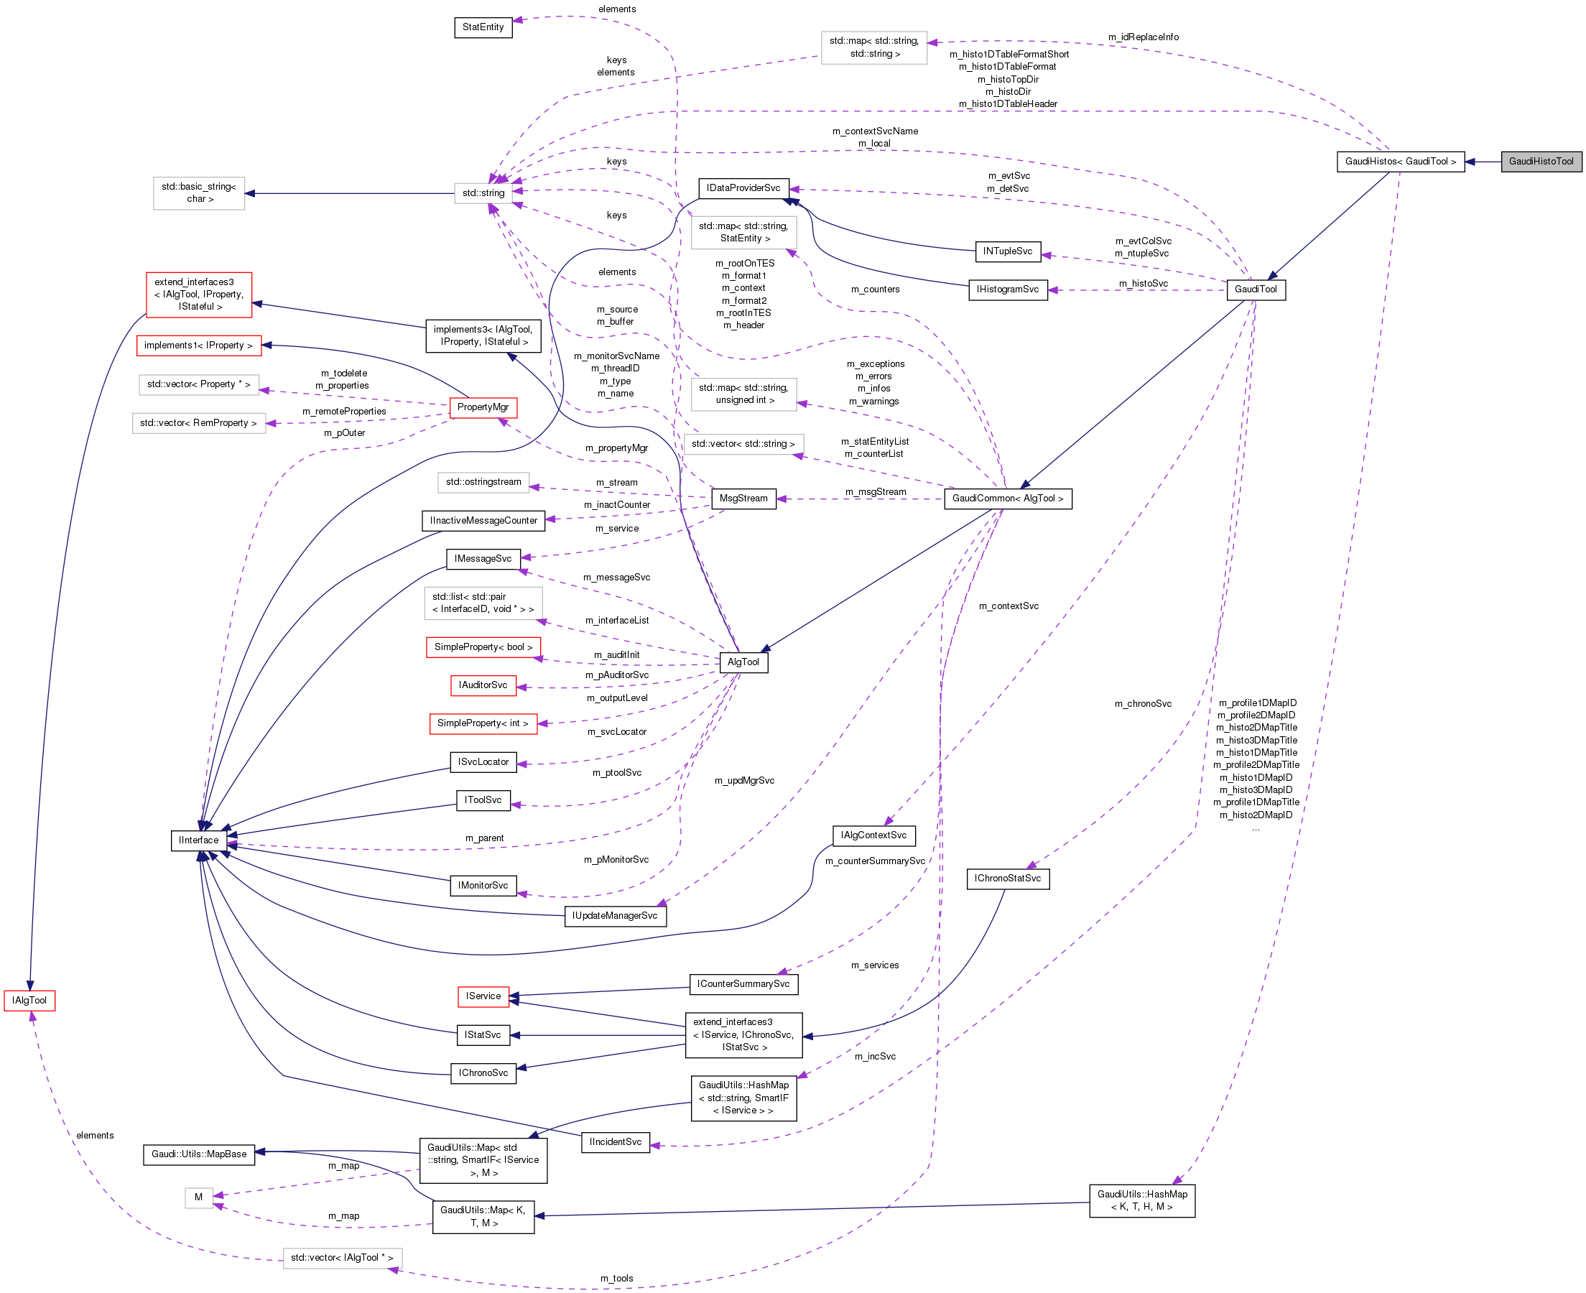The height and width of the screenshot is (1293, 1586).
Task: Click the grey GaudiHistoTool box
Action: point(1541,162)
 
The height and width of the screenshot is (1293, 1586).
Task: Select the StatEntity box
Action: point(483,27)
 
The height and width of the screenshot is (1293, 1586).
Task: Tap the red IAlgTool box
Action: point(29,1001)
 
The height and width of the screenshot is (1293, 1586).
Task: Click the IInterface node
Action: point(199,840)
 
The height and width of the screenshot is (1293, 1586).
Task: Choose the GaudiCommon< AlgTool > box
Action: point(1007,499)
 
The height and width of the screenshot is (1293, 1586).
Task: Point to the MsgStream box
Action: point(743,499)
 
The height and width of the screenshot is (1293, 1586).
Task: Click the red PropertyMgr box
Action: point(483,407)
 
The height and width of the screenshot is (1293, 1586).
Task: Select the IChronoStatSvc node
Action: point(1007,878)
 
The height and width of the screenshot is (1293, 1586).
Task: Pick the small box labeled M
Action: point(199,1197)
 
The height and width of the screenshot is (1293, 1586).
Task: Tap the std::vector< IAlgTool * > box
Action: point(342,1258)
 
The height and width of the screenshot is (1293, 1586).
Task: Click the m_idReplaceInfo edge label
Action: point(1143,37)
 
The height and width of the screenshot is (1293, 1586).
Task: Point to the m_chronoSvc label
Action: point(1142,704)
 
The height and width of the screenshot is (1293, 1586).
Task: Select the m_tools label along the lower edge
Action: point(616,1278)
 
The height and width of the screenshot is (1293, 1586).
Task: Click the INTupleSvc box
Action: point(1007,251)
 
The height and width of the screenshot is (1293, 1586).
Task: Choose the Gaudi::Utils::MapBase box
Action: point(199,1154)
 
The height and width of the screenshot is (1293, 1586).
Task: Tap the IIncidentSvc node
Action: point(615,1142)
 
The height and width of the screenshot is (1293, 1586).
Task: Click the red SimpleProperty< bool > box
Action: point(483,647)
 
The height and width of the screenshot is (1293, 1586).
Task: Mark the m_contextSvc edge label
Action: point(1008,606)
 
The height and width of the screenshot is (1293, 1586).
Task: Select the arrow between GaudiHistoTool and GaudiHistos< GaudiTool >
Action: point(1483,162)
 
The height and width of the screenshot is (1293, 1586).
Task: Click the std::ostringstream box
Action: point(483,482)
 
